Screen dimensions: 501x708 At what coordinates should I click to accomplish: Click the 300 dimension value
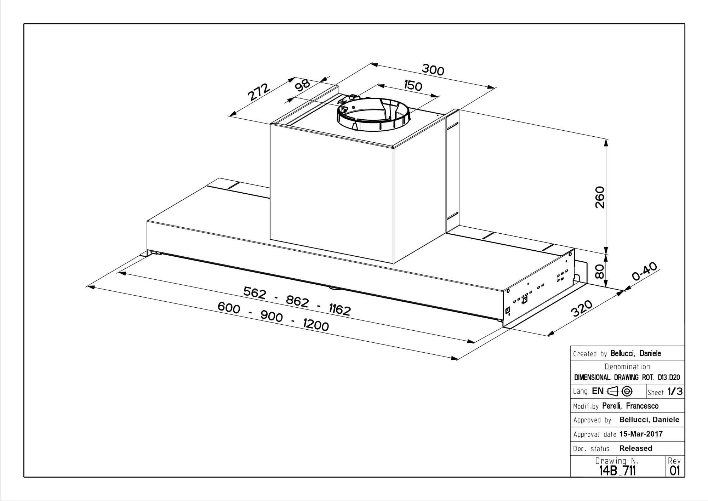click(x=433, y=70)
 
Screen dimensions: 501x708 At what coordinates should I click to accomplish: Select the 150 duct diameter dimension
click(x=413, y=85)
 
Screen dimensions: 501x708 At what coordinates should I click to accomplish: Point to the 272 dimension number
click(x=258, y=92)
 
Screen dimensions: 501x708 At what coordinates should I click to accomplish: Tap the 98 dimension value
click(x=303, y=85)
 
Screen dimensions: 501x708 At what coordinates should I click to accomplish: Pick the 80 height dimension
click(x=599, y=272)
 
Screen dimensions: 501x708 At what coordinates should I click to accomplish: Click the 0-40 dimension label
click(x=644, y=271)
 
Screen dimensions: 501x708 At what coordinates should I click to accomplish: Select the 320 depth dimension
click(x=582, y=308)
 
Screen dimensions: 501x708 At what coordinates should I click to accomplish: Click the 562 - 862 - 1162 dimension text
click(x=297, y=301)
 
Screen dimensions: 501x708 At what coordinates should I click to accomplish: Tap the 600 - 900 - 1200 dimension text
click(x=273, y=316)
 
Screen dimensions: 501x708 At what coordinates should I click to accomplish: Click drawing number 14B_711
click(x=617, y=471)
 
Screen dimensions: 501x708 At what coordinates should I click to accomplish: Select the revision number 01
click(x=675, y=471)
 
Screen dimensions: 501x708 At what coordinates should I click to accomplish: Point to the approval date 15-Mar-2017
click(x=641, y=434)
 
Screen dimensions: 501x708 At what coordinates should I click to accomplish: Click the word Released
click(x=635, y=448)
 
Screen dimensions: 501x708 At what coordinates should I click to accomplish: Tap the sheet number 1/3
click(x=675, y=392)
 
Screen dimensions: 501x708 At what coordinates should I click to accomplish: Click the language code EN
click(x=598, y=391)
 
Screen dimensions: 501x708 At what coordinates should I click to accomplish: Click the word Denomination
click(x=627, y=366)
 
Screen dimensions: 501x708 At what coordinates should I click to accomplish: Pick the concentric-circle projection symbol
click(x=627, y=391)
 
